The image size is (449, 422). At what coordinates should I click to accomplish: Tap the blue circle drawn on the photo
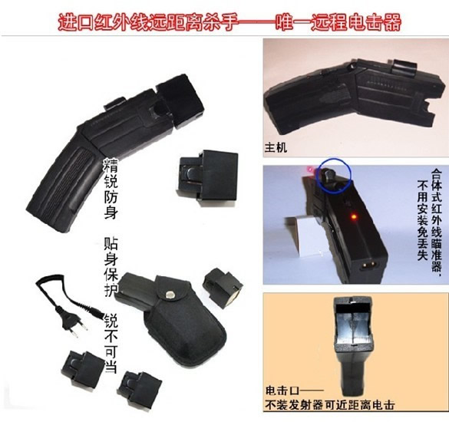coord(335,183)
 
